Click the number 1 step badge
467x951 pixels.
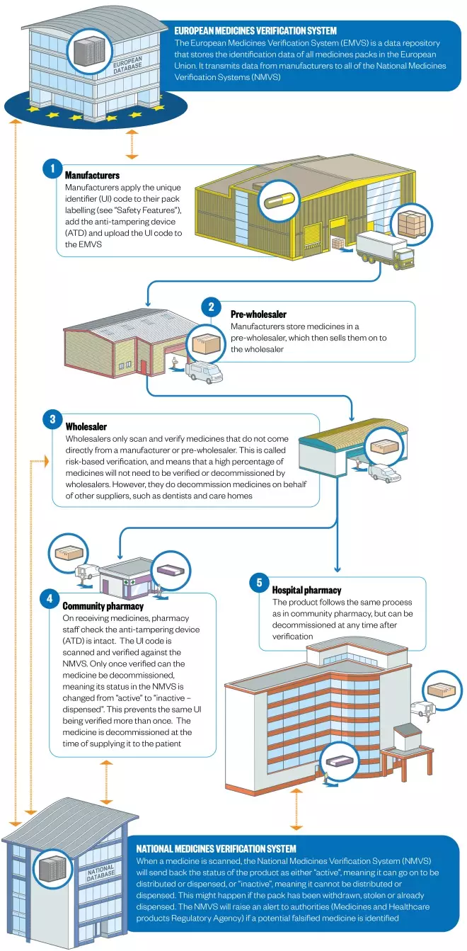[51, 169]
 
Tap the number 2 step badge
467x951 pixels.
[211, 307]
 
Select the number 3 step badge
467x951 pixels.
[52, 420]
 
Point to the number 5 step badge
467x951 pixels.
[259, 583]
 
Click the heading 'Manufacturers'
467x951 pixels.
[92, 175]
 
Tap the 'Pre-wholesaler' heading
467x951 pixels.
[258, 314]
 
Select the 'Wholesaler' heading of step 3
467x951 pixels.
[86, 427]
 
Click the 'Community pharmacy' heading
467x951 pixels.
[103, 606]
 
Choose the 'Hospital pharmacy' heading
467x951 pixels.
[306, 590]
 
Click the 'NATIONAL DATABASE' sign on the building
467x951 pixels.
[101, 872]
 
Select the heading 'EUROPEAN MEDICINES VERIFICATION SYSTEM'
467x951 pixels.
[255, 31]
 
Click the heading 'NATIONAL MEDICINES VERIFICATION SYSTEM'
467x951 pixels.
[216, 848]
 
